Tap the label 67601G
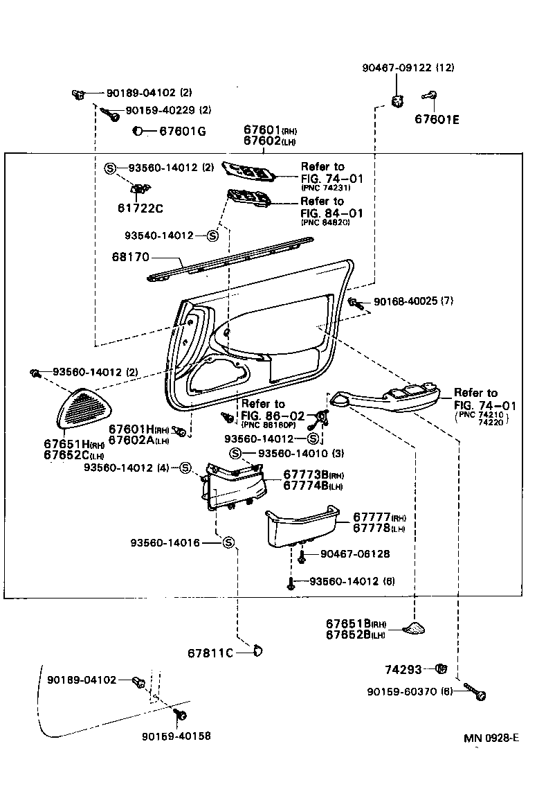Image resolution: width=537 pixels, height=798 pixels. [183, 131]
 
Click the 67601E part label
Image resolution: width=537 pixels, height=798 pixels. [437, 119]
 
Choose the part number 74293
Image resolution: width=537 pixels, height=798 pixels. [403, 669]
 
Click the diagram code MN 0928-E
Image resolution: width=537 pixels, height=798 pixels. [491, 738]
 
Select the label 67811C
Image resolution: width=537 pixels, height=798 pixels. [210, 653]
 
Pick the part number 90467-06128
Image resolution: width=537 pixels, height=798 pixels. [354, 554]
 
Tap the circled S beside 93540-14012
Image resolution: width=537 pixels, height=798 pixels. [212, 236]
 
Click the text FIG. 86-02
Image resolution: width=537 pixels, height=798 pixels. [263, 416]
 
